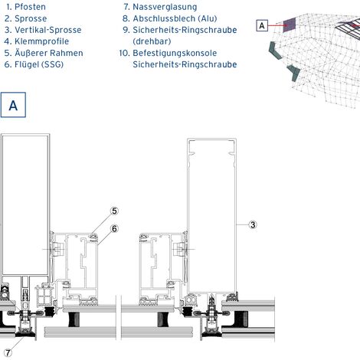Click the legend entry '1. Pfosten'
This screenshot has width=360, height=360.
pos(26,7)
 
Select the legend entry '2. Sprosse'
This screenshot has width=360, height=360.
pos(26,18)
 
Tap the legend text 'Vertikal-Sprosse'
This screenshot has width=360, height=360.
pos(48,30)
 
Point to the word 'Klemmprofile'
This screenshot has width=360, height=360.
pos(41,41)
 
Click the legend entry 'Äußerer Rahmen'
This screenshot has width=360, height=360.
pos(49,53)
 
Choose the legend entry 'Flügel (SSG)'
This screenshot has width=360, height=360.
pos(39,64)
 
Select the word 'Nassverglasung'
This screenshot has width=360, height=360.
pos(165,7)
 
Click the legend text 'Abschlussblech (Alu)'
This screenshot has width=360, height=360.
pos(175,18)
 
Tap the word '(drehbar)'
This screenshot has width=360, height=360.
pos(152,41)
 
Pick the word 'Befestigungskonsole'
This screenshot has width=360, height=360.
pos(175,53)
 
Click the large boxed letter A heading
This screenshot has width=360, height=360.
pos(13,105)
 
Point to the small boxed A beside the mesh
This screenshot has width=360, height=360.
pos(262,25)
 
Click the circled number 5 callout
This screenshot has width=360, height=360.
pos(114,211)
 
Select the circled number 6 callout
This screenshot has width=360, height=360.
pos(114,228)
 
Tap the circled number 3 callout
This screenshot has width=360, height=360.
pos(253,224)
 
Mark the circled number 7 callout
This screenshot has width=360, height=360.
pos(8,353)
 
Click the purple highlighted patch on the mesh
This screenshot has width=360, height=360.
pos(290,25)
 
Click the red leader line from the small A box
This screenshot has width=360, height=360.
pos(276,25)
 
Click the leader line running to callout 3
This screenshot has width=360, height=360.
pos(243,224)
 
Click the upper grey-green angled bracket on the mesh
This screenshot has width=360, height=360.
pos(275,51)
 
